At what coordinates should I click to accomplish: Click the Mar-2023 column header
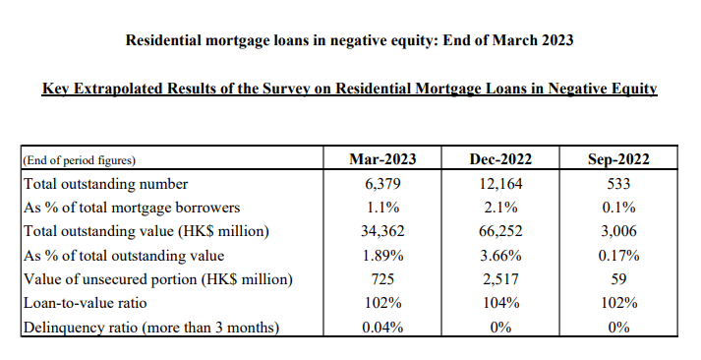pyautogui.click(x=382, y=159)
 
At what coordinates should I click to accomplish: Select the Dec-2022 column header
pyautogui.click(x=500, y=159)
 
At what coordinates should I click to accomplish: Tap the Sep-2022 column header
pyautogui.click(x=618, y=159)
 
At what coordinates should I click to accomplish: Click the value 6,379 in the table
pyautogui.click(x=382, y=184)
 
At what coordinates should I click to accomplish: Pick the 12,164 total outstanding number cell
pyautogui.click(x=500, y=184)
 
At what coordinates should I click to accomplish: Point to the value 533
pyautogui.click(x=618, y=184)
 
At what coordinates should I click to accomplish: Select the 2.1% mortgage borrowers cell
pyautogui.click(x=500, y=208)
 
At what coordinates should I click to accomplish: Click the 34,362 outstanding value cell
pyautogui.click(x=382, y=231)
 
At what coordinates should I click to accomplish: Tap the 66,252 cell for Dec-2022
pyautogui.click(x=500, y=231)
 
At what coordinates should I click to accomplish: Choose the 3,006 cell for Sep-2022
pyautogui.click(x=618, y=231)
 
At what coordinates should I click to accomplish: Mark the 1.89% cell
pyautogui.click(x=382, y=256)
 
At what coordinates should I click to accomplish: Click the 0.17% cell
pyautogui.click(x=618, y=256)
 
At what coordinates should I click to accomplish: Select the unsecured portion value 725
pyautogui.click(x=382, y=279)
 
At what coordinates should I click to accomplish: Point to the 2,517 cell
pyautogui.click(x=500, y=279)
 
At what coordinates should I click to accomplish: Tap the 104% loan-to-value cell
pyautogui.click(x=500, y=303)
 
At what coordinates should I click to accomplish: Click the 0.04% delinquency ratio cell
pyautogui.click(x=382, y=327)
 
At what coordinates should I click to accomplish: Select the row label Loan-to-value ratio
pyautogui.click(x=85, y=303)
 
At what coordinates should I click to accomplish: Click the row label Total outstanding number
pyautogui.click(x=105, y=184)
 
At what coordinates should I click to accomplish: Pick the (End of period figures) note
pyautogui.click(x=79, y=160)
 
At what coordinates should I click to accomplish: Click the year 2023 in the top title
pyautogui.click(x=557, y=40)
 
